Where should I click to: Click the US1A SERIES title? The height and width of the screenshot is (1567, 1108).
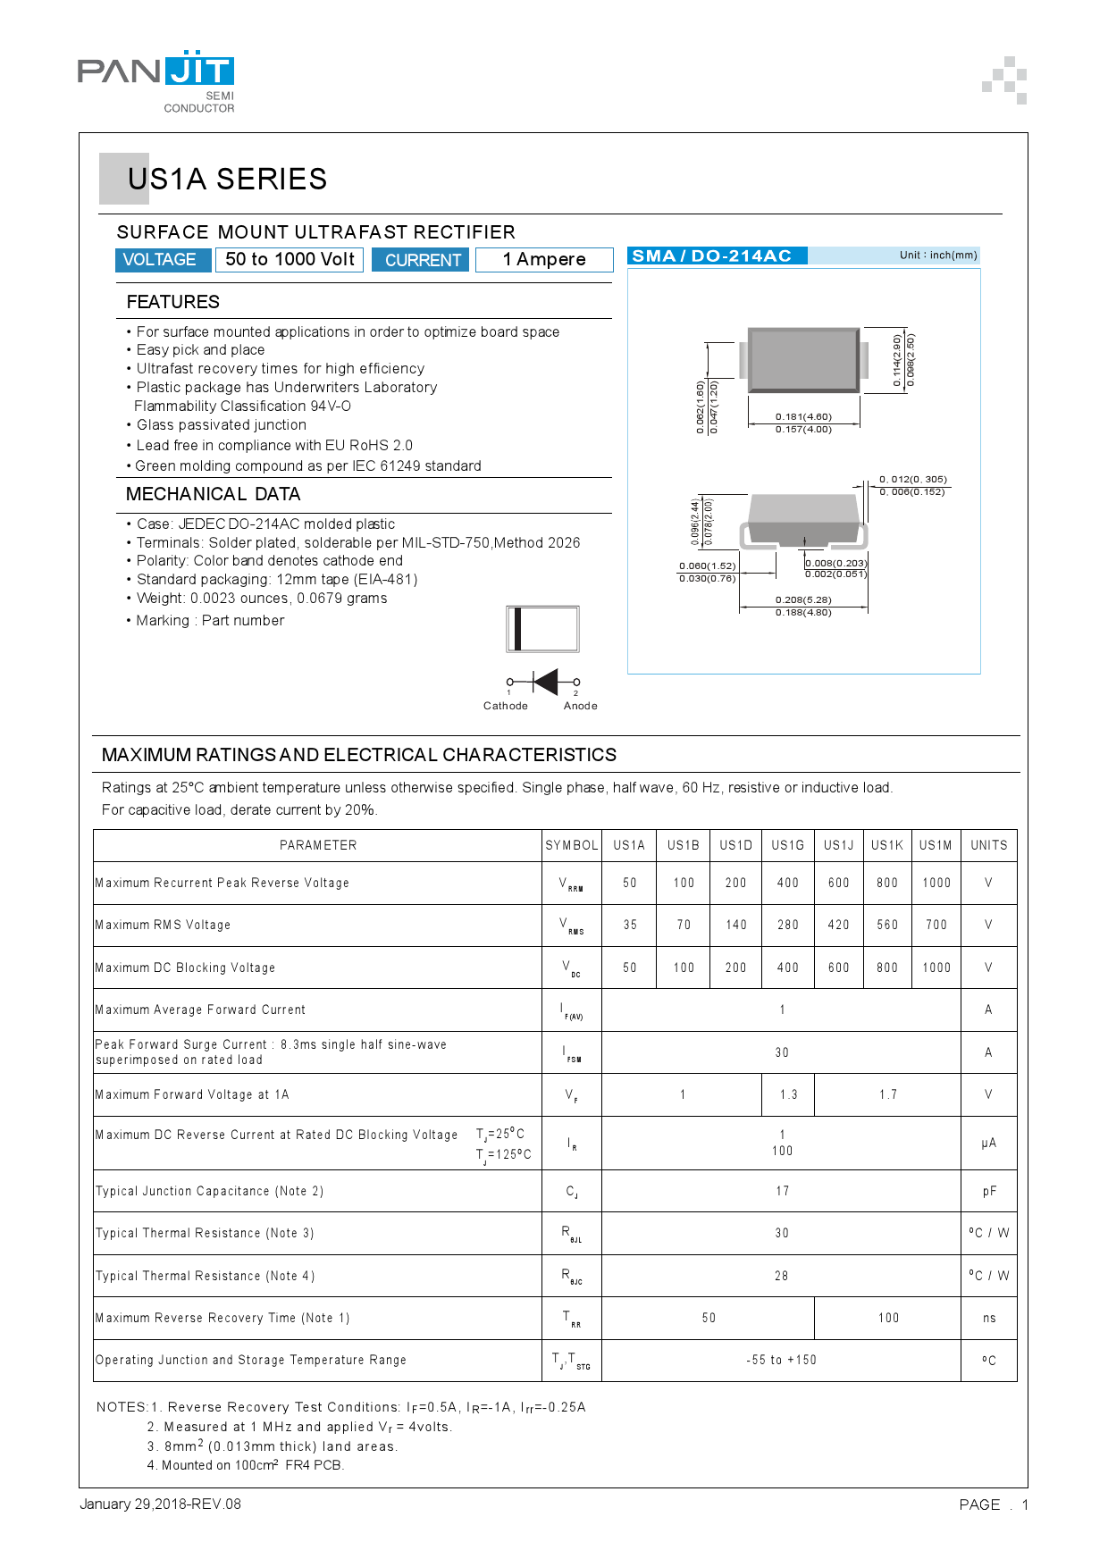227,179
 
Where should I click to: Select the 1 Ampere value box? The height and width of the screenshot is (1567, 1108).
544,260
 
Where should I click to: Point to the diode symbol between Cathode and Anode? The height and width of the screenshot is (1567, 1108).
544,682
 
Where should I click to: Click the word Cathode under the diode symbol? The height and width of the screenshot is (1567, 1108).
506,706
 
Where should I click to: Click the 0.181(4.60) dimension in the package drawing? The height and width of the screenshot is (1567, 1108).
803,416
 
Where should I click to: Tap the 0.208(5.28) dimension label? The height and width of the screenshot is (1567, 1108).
803,599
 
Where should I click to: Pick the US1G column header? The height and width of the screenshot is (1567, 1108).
788,845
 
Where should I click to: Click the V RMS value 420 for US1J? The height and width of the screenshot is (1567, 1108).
838,925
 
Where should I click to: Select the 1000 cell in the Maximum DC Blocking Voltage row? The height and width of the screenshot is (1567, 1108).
936,968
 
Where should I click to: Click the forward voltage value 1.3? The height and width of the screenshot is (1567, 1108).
788,1094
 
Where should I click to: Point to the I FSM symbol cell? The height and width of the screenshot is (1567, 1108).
572,1053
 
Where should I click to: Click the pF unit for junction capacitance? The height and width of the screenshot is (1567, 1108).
989,1191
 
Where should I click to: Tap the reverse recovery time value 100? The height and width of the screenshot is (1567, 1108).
888,1318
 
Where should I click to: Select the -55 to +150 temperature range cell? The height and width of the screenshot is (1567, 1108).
782,1360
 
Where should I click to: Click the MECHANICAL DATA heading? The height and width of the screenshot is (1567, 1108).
213,494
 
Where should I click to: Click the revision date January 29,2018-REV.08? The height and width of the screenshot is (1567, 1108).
161,1504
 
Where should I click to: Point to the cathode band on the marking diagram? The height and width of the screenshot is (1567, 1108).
517,629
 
